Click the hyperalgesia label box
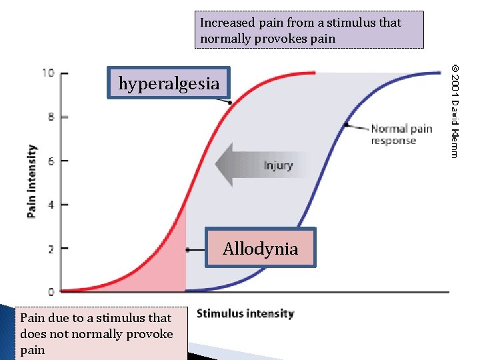(169, 83)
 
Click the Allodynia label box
(260, 248)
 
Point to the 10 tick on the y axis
(49, 73)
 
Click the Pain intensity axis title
(31, 181)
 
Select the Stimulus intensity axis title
(245, 313)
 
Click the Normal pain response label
(401, 134)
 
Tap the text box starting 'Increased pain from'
(309, 30)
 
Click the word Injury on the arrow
(278, 165)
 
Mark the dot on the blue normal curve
(346, 125)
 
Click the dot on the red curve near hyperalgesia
(229, 102)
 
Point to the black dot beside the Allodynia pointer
(188, 249)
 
